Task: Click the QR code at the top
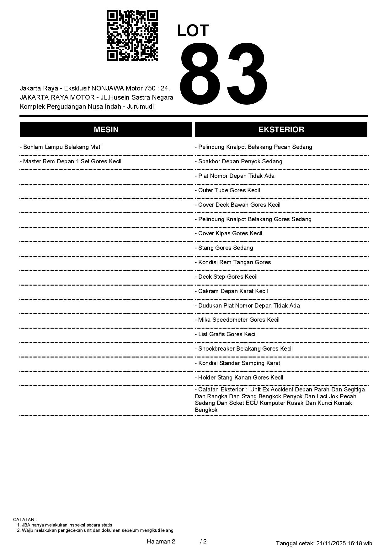click(x=132, y=35)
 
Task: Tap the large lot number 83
click(x=224, y=74)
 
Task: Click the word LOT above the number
click(x=193, y=31)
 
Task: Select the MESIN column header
click(x=106, y=130)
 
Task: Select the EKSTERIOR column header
click(x=281, y=130)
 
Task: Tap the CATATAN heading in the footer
click(x=25, y=520)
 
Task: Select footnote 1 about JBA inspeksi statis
click(x=65, y=525)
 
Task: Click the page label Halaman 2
click(x=161, y=541)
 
